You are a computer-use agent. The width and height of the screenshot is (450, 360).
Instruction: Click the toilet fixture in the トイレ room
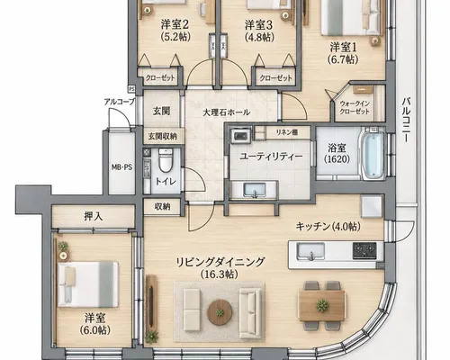click(165, 159)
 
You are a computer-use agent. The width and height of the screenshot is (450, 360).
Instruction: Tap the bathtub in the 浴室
click(373, 154)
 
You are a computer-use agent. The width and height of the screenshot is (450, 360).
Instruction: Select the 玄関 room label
click(162, 111)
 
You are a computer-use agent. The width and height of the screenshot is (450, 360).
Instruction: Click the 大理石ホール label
click(226, 112)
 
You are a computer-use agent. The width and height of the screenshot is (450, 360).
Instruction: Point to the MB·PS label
click(121, 167)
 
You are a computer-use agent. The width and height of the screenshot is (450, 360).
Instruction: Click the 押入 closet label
click(94, 216)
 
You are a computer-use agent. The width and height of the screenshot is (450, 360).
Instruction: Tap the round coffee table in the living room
click(220, 312)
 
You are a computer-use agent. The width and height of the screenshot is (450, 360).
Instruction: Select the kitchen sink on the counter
click(310, 251)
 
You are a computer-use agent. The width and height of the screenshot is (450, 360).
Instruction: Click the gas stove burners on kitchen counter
click(364, 251)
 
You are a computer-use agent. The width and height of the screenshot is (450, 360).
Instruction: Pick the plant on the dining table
click(322, 305)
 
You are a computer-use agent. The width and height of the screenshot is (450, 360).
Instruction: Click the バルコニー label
click(407, 120)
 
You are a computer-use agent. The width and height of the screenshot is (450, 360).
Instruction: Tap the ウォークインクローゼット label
click(355, 107)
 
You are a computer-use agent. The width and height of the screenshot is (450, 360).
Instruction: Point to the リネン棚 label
click(287, 132)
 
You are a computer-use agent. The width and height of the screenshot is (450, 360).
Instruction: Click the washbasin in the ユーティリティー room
click(255, 190)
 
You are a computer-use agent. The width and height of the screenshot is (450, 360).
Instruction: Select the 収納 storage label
click(162, 206)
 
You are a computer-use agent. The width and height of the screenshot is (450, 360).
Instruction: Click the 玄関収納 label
click(162, 137)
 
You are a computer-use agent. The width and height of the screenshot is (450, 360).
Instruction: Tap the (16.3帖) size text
click(220, 274)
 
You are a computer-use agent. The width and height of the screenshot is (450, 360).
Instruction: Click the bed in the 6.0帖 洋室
click(88, 284)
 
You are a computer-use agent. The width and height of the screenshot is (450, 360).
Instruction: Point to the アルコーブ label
click(120, 102)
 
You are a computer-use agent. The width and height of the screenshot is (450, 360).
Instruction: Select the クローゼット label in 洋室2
click(160, 78)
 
